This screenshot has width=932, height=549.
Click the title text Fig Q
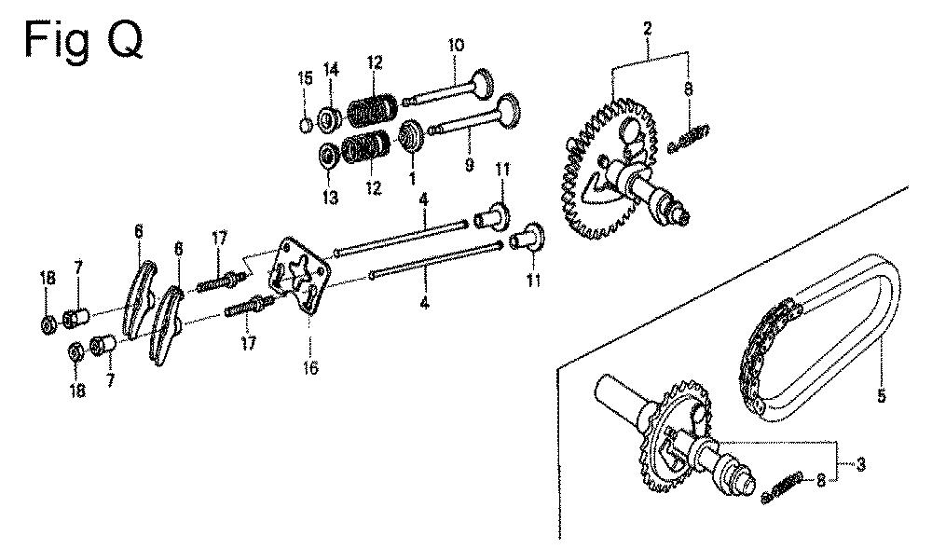click(83, 40)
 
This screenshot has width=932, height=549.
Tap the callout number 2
click(648, 28)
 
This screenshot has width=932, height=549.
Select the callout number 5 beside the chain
click(881, 395)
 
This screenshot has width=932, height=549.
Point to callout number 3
click(860, 464)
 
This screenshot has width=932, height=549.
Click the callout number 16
click(310, 368)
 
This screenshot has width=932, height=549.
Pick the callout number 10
click(456, 45)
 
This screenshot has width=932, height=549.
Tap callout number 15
click(305, 78)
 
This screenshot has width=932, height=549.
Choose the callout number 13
click(331, 198)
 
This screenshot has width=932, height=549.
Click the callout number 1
click(413, 176)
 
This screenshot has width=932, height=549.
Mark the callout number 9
click(470, 165)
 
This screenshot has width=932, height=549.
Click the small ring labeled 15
click(306, 126)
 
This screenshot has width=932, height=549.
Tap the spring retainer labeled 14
click(327, 119)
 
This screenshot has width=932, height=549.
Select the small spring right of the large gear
click(689, 139)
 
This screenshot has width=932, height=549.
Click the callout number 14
click(331, 70)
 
